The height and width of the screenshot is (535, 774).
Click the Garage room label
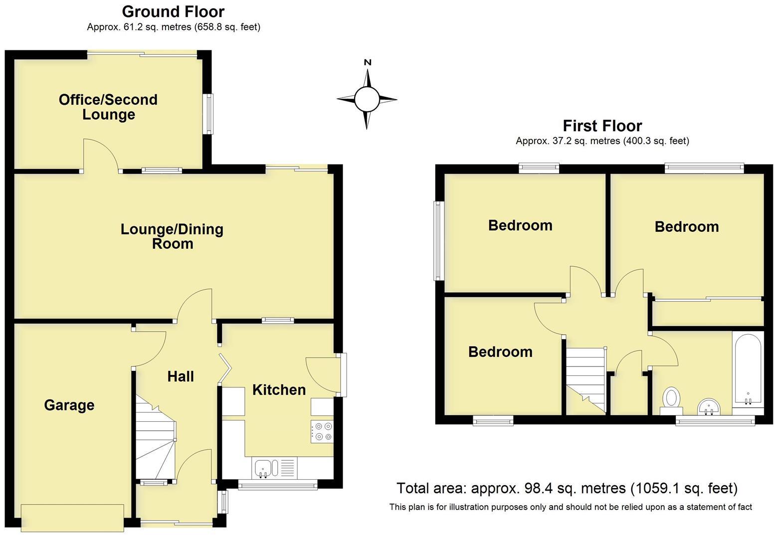69,405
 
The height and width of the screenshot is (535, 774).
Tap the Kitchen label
279,389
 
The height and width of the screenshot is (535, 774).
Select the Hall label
181,376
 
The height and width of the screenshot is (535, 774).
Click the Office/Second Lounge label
108,107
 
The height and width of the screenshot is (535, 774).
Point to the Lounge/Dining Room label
172,236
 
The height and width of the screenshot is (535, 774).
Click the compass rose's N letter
368,62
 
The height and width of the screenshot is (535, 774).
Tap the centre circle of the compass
367,99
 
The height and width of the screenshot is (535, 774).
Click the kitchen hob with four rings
322,431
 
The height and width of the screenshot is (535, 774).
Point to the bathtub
747,369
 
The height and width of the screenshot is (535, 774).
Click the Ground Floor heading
173,11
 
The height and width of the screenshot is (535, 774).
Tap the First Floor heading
602,126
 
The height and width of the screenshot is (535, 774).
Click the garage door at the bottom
72,518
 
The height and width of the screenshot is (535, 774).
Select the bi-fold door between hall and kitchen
225,369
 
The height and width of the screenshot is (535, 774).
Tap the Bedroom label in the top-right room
686,227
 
